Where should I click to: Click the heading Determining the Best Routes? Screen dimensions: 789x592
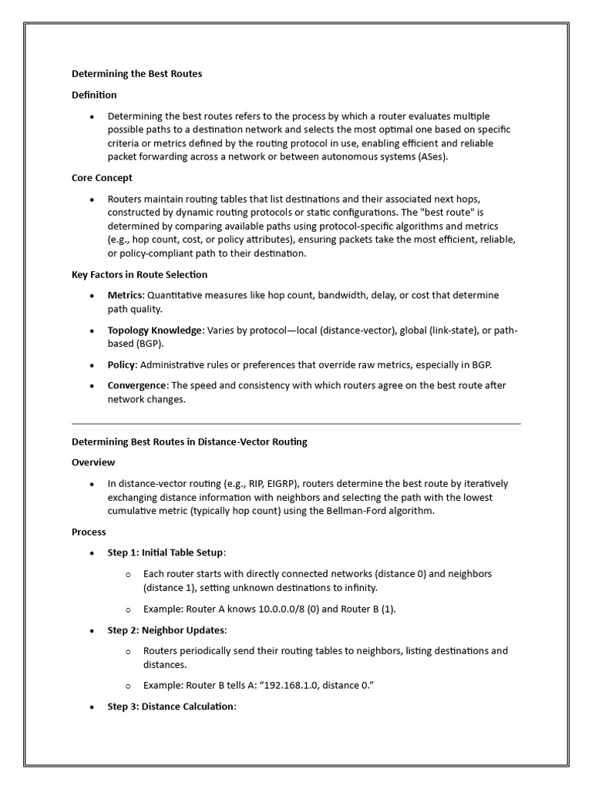[x=136, y=74]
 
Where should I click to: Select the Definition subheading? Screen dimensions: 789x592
[x=94, y=95]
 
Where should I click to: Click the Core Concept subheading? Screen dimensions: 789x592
[x=102, y=177]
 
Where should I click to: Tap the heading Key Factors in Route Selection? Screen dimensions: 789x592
[x=140, y=274]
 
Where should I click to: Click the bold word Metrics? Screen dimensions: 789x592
[x=125, y=295]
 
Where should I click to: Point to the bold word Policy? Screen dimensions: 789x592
[x=121, y=364]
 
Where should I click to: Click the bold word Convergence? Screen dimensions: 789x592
[x=136, y=385]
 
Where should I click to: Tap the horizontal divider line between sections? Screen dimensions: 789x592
[x=296, y=424]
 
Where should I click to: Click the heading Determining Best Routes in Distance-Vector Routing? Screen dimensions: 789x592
[x=189, y=442]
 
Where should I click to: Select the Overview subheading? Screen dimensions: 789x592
[x=93, y=462]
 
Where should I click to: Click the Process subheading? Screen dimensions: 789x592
[x=89, y=532]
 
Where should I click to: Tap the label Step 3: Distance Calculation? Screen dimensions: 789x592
[x=170, y=707]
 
